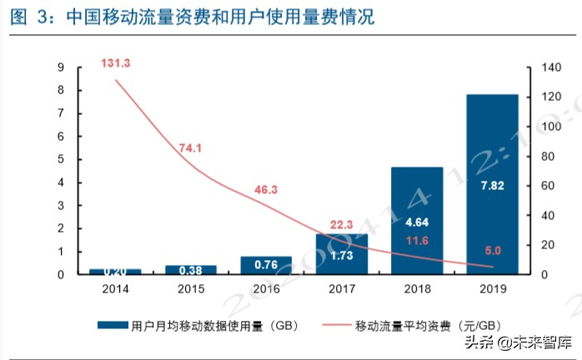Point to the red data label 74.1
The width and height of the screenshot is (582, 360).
191,147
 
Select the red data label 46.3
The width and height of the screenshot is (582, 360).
265,190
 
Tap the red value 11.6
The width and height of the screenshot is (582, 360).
417,241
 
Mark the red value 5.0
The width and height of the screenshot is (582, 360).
493,248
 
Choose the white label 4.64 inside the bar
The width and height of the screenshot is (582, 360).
417,223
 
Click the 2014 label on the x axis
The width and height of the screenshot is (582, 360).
115,289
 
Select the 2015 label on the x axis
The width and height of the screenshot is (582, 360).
190,289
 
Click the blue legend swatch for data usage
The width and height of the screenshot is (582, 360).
113,323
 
